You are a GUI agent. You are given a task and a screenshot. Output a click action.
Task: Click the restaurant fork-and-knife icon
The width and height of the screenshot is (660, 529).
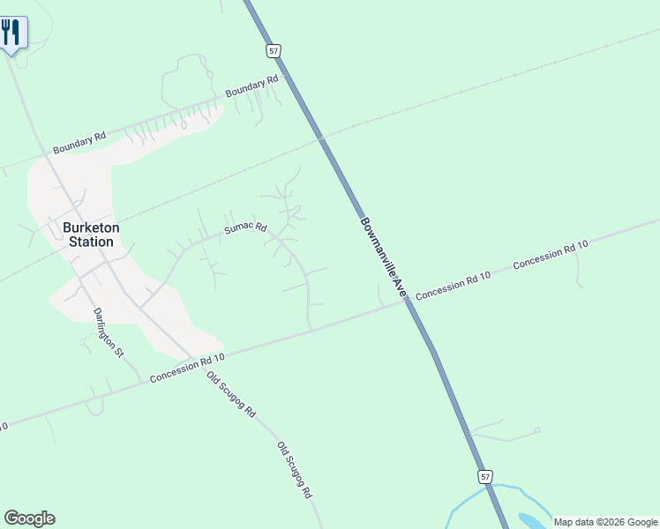pos(11,34)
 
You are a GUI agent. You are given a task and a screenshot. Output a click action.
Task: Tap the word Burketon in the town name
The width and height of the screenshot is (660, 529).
pos(91,227)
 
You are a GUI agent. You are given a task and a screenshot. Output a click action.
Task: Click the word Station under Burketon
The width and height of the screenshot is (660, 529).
pos(91,242)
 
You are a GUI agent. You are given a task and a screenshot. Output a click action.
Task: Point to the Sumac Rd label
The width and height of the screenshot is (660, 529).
pos(244,228)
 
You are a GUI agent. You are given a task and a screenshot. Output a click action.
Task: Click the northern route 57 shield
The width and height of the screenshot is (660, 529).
pos(274,51)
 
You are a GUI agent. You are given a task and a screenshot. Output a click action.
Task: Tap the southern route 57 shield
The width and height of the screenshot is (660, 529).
pos(485,476)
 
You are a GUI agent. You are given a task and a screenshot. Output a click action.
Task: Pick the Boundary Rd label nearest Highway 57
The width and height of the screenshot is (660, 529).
pos(251,85)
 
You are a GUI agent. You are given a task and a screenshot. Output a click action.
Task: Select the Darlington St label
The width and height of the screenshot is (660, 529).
pos(109,331)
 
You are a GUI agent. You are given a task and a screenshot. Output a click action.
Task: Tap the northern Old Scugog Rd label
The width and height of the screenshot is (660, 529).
pos(230,394)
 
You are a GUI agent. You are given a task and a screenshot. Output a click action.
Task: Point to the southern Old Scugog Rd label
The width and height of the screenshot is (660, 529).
pos(296,470)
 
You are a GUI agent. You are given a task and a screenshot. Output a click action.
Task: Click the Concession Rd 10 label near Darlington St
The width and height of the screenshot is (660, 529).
pos(188,367)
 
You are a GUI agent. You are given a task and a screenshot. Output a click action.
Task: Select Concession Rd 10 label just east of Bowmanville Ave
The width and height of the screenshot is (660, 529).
pos(454,283)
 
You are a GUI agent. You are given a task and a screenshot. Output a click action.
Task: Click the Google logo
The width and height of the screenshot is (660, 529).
pos(29,518)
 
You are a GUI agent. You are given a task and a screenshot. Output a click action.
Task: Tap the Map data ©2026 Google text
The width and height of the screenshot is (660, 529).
pos(605,522)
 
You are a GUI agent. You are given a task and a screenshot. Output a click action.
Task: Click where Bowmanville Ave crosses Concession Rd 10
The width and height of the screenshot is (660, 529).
pos(407,301)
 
